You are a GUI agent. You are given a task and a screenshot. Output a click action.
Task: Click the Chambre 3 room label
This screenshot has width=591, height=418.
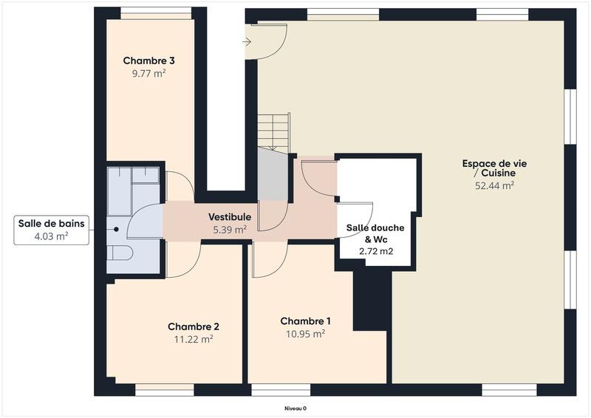(148, 61)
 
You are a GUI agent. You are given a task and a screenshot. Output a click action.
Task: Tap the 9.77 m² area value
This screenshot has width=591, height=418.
(148, 74)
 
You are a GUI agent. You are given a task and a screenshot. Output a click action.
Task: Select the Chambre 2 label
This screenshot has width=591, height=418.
(193, 326)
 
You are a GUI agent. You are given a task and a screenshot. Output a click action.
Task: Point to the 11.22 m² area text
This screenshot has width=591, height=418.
(193, 340)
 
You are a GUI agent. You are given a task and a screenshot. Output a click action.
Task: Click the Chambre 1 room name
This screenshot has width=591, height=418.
(305, 321)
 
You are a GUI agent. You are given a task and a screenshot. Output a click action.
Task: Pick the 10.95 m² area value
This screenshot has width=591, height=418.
(305, 334)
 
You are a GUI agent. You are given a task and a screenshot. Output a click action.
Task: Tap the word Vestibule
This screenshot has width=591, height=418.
(230, 217)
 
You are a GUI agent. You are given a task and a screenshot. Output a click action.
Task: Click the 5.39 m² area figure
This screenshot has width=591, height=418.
(230, 229)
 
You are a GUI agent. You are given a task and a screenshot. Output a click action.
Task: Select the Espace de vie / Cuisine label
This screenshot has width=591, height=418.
(494, 168)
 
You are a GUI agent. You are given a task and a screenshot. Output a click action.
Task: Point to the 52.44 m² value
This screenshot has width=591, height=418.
(494, 186)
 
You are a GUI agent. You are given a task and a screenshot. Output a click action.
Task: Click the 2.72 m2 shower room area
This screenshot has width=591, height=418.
(376, 251)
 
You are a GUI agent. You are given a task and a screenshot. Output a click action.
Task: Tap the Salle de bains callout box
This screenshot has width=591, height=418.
(52, 230)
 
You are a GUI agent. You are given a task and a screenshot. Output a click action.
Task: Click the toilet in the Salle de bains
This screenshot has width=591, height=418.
(119, 253)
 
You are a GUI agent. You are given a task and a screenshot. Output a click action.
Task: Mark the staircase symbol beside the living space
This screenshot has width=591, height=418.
(273, 133)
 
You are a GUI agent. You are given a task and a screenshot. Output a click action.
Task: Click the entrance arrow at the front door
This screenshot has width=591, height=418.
(247, 42)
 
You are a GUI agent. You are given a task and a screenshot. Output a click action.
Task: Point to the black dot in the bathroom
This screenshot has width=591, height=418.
(116, 230)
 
